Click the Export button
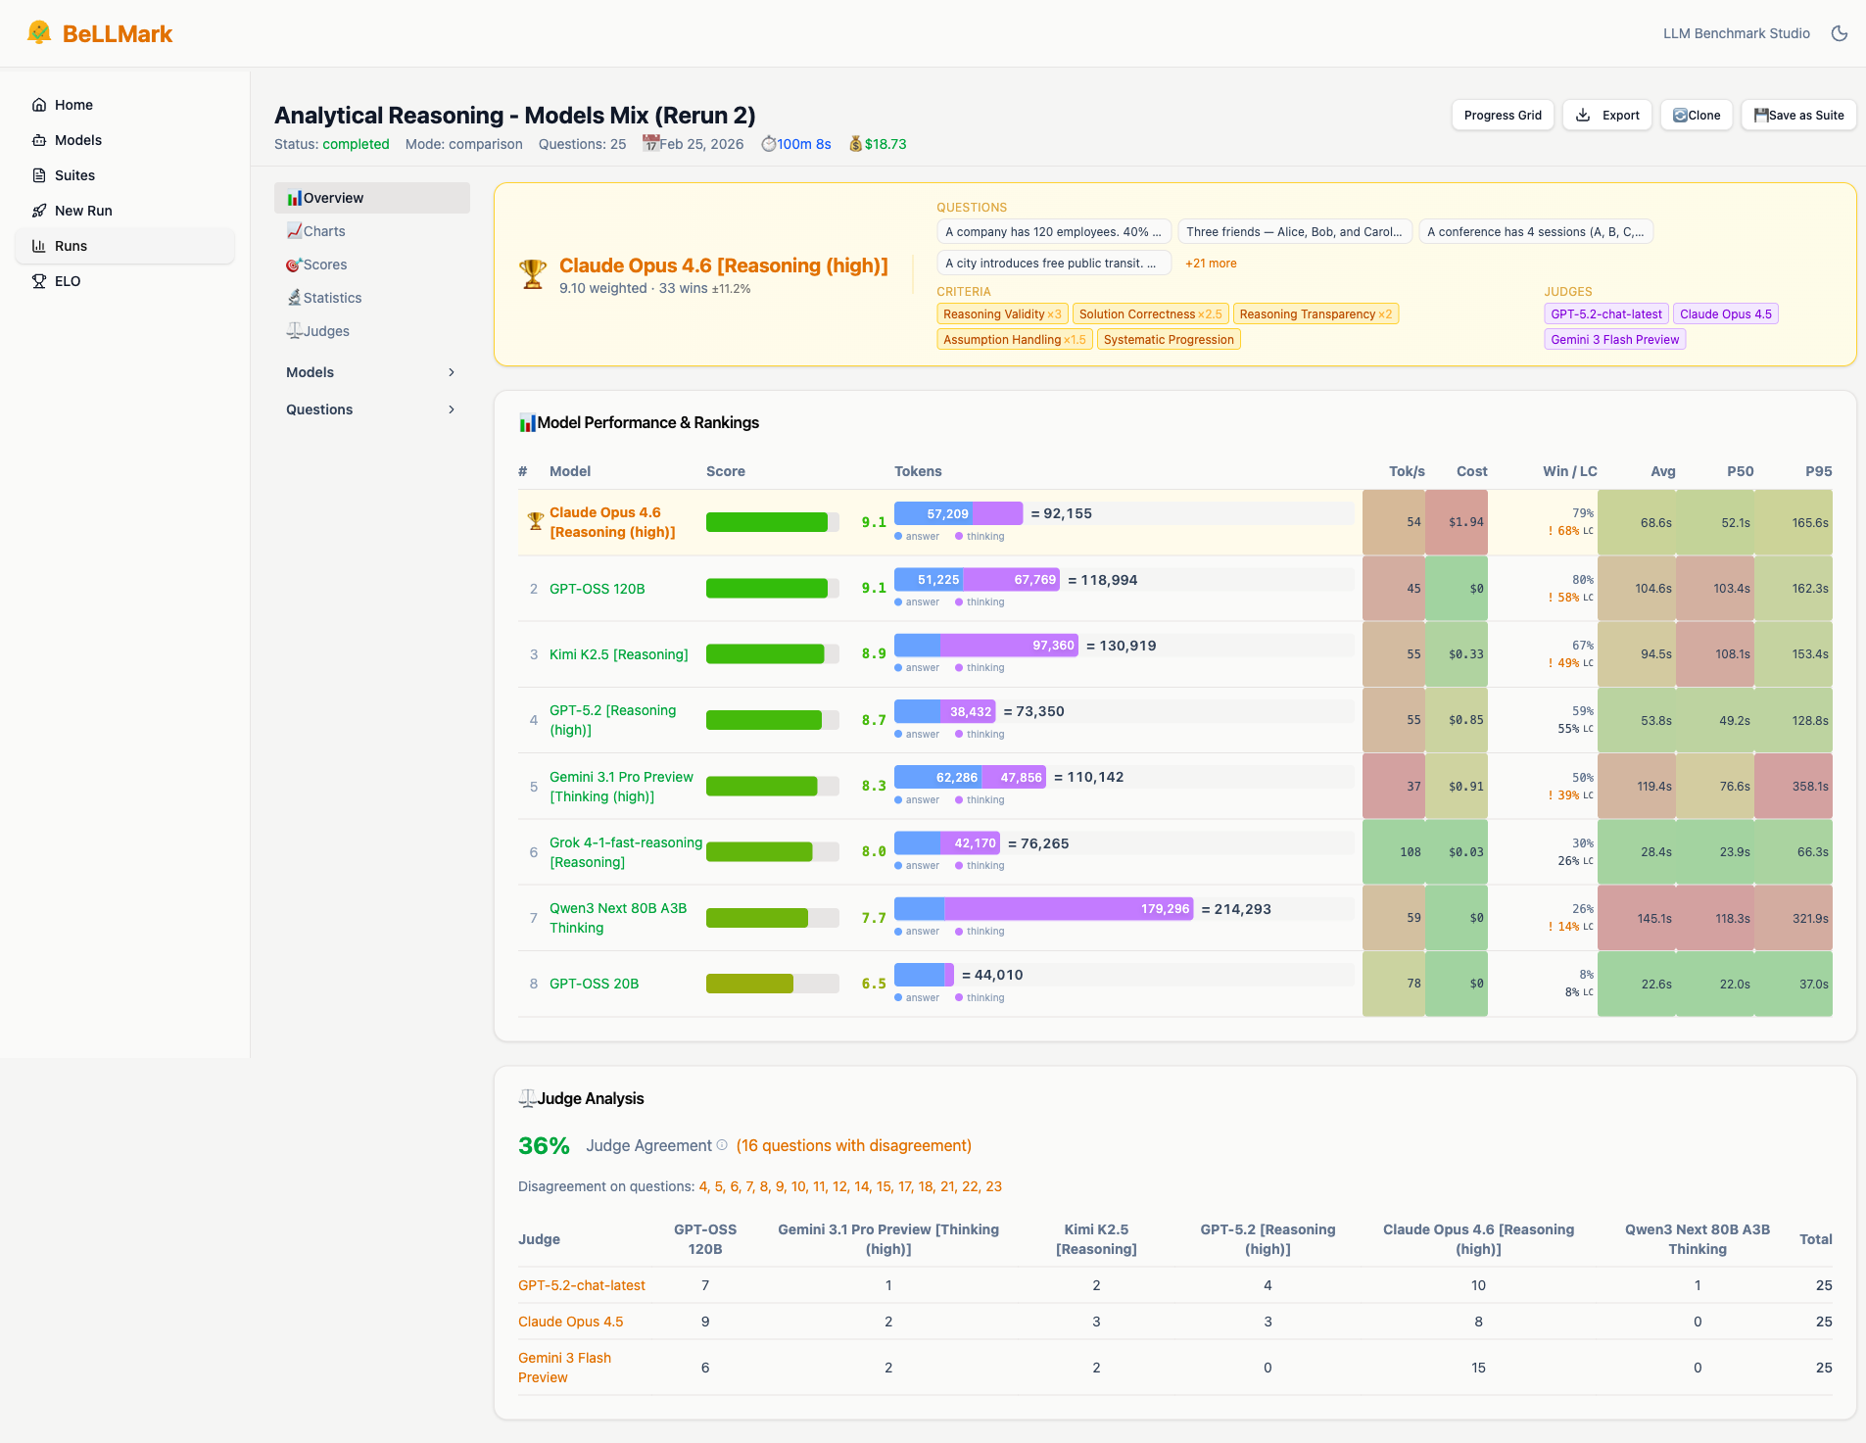1606,116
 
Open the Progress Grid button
1502,116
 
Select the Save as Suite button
1797,116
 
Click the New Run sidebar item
83,211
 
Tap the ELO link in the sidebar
68,281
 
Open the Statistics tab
332,298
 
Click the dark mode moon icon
1839,33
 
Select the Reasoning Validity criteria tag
1001,314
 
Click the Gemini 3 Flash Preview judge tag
1614,340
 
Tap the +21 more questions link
1211,264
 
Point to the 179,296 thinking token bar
1068,909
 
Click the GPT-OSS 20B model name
594,984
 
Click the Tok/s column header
1406,471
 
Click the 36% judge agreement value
544,1145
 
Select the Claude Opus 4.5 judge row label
570,1322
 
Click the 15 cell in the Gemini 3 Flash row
1478,1368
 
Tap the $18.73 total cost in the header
885,144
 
